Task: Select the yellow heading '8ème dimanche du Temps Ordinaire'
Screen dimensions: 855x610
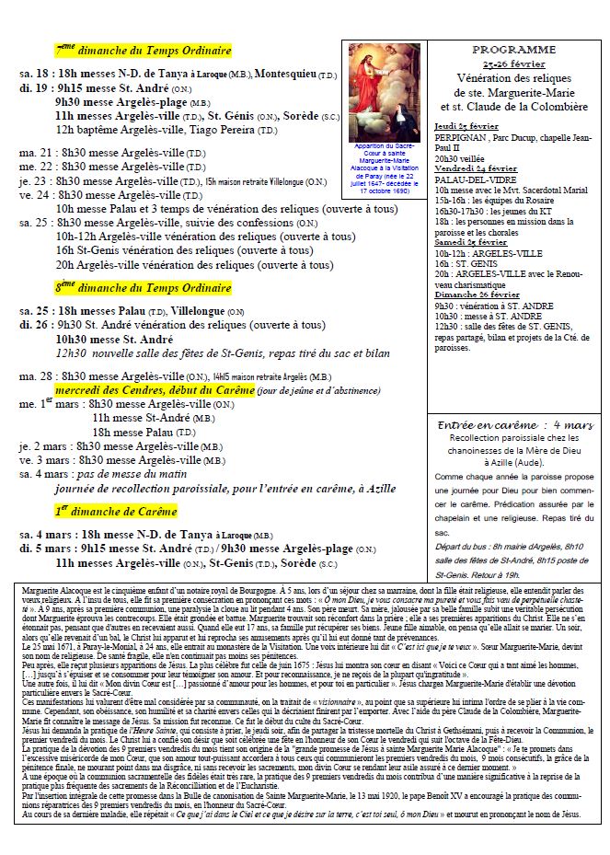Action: tap(143, 287)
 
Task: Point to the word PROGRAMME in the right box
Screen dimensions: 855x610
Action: tap(513, 49)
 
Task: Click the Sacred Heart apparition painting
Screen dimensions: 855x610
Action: tap(385, 91)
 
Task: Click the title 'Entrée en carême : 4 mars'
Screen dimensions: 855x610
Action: tap(514, 425)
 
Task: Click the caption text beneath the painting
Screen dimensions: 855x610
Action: tap(385, 168)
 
